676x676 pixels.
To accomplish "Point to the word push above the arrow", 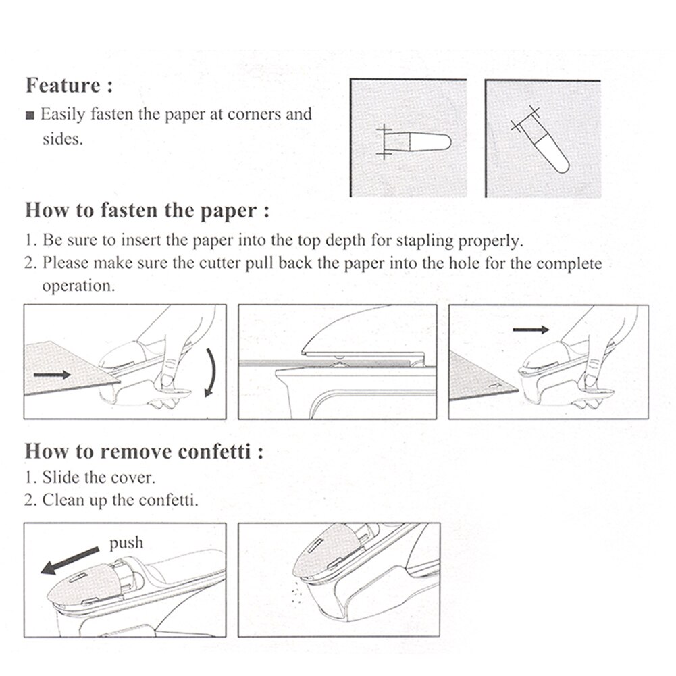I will pos(126,542).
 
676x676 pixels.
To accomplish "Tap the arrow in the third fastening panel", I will pos(531,329).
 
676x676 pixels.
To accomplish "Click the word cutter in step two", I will pos(222,263).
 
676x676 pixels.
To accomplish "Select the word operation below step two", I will pos(78,286).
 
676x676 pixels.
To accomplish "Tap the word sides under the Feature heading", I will pos(62,139).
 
